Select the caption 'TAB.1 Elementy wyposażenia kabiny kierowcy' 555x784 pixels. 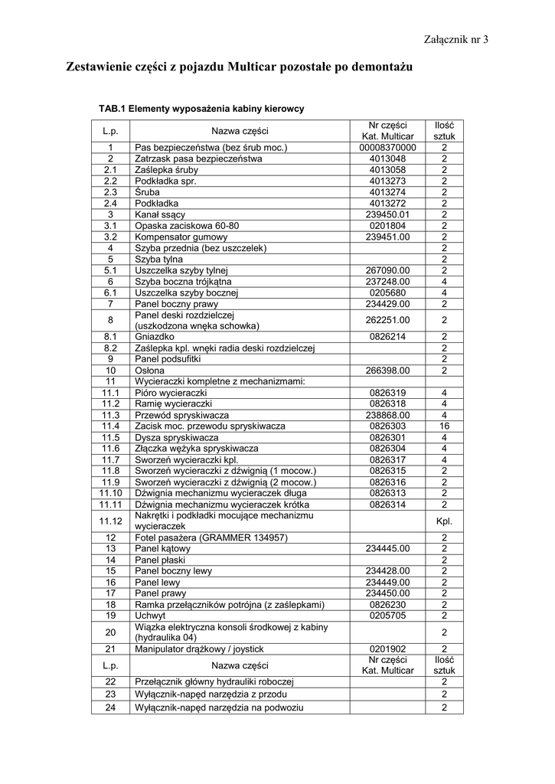tap(201, 109)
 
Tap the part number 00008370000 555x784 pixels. tap(387, 147)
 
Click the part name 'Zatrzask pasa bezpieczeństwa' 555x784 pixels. tap(198, 158)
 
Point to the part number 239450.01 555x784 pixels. tap(388, 214)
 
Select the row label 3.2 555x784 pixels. tap(110, 237)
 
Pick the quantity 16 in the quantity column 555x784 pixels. tap(444, 426)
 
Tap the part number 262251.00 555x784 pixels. tap(388, 320)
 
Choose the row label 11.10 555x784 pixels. tap(110, 493)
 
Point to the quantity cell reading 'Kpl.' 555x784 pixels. tap(444, 521)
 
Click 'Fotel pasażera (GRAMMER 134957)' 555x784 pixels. tap(211, 537)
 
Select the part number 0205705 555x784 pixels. tap(387, 615)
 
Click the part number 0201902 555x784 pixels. tap(387, 648)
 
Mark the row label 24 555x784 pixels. tap(110, 707)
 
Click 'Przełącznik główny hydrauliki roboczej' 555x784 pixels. tap(214, 681)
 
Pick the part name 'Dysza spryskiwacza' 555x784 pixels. tap(177, 437)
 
